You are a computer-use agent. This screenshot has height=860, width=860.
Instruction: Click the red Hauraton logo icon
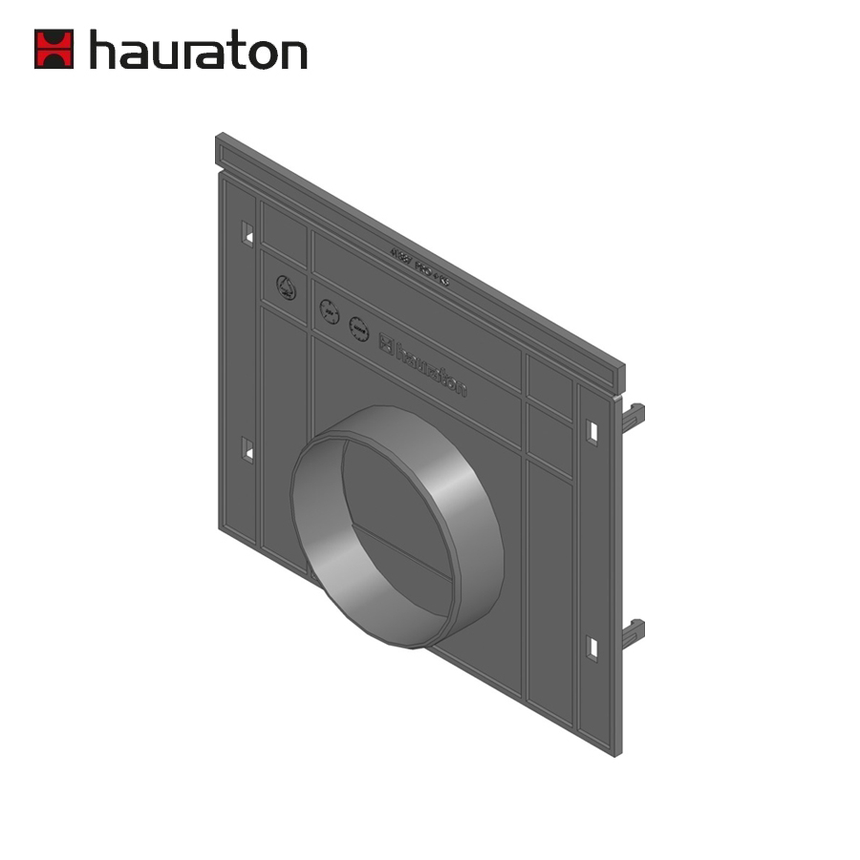click(x=54, y=49)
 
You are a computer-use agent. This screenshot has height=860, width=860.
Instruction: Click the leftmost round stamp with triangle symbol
click(x=286, y=286)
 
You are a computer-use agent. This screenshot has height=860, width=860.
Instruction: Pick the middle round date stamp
click(x=329, y=311)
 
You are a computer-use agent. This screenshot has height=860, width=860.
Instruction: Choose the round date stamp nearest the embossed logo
click(x=358, y=329)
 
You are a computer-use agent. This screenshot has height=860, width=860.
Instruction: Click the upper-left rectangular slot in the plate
click(x=247, y=232)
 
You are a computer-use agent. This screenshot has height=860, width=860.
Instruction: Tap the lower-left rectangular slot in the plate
click(x=247, y=448)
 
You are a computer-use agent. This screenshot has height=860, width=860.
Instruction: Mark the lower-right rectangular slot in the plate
click(x=592, y=648)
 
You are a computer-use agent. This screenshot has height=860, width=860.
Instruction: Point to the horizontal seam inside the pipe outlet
click(x=401, y=549)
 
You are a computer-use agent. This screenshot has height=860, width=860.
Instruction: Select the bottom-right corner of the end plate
click(x=616, y=752)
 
